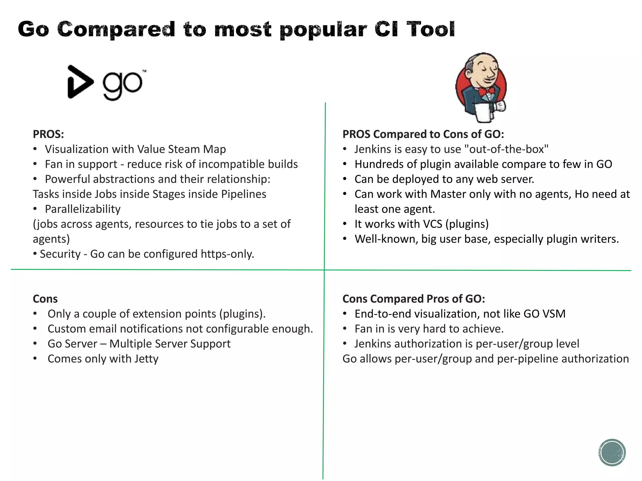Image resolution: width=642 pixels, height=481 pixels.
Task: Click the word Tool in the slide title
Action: pyautogui.click(x=430, y=29)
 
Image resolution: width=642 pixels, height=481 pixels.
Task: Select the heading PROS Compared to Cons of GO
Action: pyautogui.click(x=423, y=134)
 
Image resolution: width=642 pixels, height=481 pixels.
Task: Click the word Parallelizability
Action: pyautogui.click(x=83, y=209)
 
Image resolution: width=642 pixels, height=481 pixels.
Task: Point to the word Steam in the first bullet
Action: pyautogui.click(x=184, y=149)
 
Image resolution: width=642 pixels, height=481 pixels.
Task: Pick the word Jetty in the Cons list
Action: pyautogui.click(x=146, y=359)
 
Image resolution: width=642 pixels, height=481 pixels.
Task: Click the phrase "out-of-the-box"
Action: pyautogui.click(x=507, y=149)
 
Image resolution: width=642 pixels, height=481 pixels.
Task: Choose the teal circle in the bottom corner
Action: pyautogui.click(x=612, y=453)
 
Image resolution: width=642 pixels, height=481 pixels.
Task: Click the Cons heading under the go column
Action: pyautogui.click(x=45, y=299)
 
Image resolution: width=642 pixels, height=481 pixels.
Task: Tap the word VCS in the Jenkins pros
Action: pyautogui.click(x=433, y=224)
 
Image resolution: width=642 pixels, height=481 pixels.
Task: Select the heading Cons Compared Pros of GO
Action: pyautogui.click(x=413, y=299)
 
